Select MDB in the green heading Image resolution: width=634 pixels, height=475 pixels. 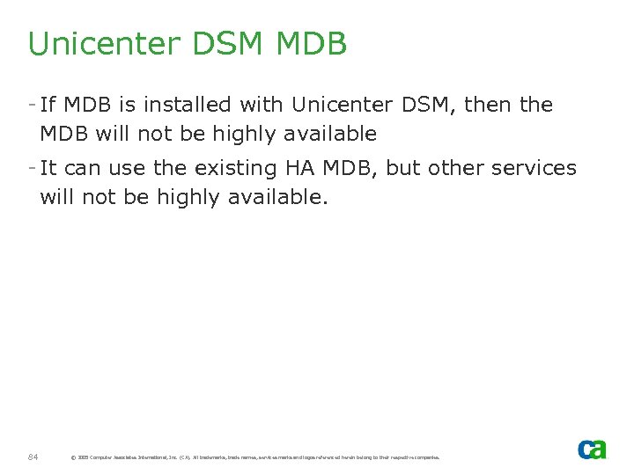(312, 44)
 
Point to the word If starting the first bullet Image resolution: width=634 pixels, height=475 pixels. (48, 105)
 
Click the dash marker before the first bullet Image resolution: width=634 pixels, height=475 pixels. (32, 105)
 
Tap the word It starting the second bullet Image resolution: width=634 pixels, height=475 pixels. (48, 168)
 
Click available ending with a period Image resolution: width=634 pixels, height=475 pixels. (276, 198)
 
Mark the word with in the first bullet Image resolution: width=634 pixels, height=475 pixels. (262, 105)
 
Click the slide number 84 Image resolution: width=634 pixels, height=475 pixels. (33, 457)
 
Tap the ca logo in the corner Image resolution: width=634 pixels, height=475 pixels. (591, 449)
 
